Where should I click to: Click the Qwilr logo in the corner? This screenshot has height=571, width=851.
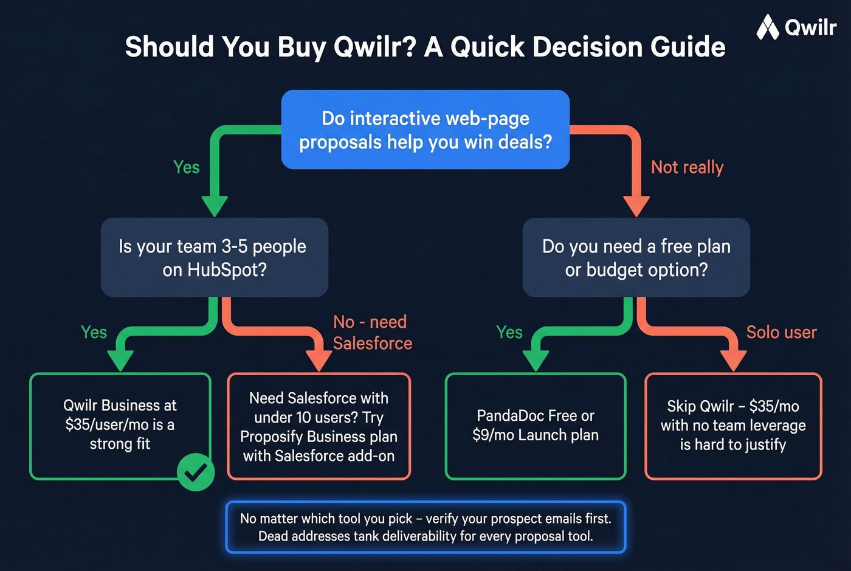(796, 27)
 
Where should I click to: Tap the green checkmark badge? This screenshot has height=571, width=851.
(196, 472)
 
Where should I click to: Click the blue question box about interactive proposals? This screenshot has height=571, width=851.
(425, 130)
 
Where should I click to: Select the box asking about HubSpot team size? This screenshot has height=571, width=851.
(215, 257)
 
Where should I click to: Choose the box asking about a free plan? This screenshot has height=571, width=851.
(636, 257)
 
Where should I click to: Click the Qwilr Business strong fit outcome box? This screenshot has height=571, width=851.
(120, 425)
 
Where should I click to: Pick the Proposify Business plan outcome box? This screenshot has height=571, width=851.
(319, 426)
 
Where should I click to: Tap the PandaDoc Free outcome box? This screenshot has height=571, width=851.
(535, 426)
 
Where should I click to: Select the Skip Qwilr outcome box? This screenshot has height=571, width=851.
(732, 426)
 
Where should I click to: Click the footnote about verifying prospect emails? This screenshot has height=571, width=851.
(425, 527)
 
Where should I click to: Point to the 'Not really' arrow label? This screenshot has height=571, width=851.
(687, 167)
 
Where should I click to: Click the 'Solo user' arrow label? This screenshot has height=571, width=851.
(781, 332)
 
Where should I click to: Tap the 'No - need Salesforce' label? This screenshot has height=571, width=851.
(372, 333)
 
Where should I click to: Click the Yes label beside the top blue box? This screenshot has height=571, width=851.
(186, 167)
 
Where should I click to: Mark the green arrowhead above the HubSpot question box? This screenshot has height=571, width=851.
(214, 206)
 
